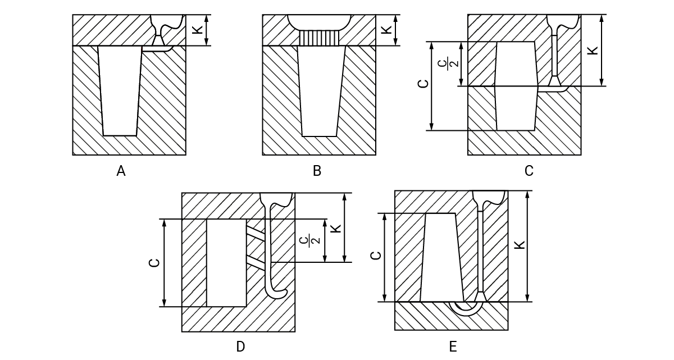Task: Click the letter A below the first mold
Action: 121,171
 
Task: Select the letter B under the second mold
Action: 317,171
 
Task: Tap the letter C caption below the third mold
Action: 529,171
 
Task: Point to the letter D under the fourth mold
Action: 240,347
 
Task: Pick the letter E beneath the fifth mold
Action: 453,347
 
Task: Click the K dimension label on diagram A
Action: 198,29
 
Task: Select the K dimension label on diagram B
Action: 387,29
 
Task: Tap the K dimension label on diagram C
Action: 592,50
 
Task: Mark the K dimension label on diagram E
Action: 519,245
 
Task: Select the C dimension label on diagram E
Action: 376,256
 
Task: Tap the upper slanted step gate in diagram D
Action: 256,231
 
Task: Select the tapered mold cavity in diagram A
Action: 120,90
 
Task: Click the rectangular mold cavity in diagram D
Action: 226,263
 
